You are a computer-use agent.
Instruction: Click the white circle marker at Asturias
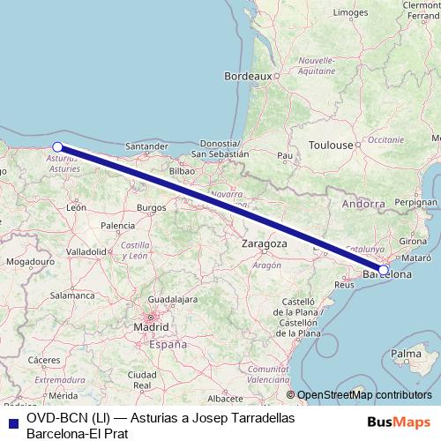[57, 147]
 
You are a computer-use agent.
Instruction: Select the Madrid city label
[151, 327]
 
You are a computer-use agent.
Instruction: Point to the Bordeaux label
[248, 76]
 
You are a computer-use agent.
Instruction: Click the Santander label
[147, 146]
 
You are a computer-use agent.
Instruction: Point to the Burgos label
[151, 207]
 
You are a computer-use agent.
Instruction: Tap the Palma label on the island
[406, 354]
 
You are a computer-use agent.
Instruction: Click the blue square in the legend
[13, 420]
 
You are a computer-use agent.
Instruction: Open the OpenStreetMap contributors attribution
[363, 395]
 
